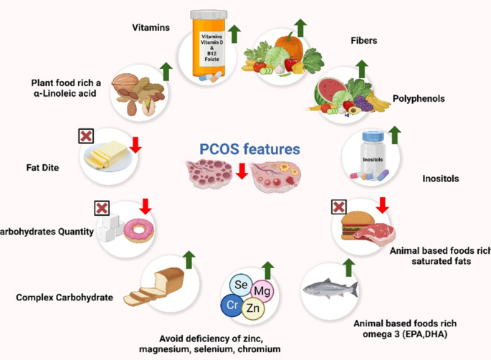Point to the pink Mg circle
(262, 292)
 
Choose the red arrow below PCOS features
(242, 171)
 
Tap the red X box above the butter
(86, 136)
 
